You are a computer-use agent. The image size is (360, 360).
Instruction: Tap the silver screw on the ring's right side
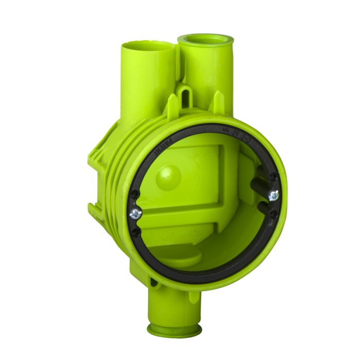pyautogui.click(x=274, y=194)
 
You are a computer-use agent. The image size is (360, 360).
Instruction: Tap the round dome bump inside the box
pyautogui.click(x=169, y=175)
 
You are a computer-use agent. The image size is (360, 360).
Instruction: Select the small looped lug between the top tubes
pyautogui.click(x=186, y=95)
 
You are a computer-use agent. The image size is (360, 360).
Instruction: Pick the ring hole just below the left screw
pyautogui.click(x=137, y=232)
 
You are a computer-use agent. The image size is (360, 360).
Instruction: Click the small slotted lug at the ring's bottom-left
pyautogui.click(x=153, y=282)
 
